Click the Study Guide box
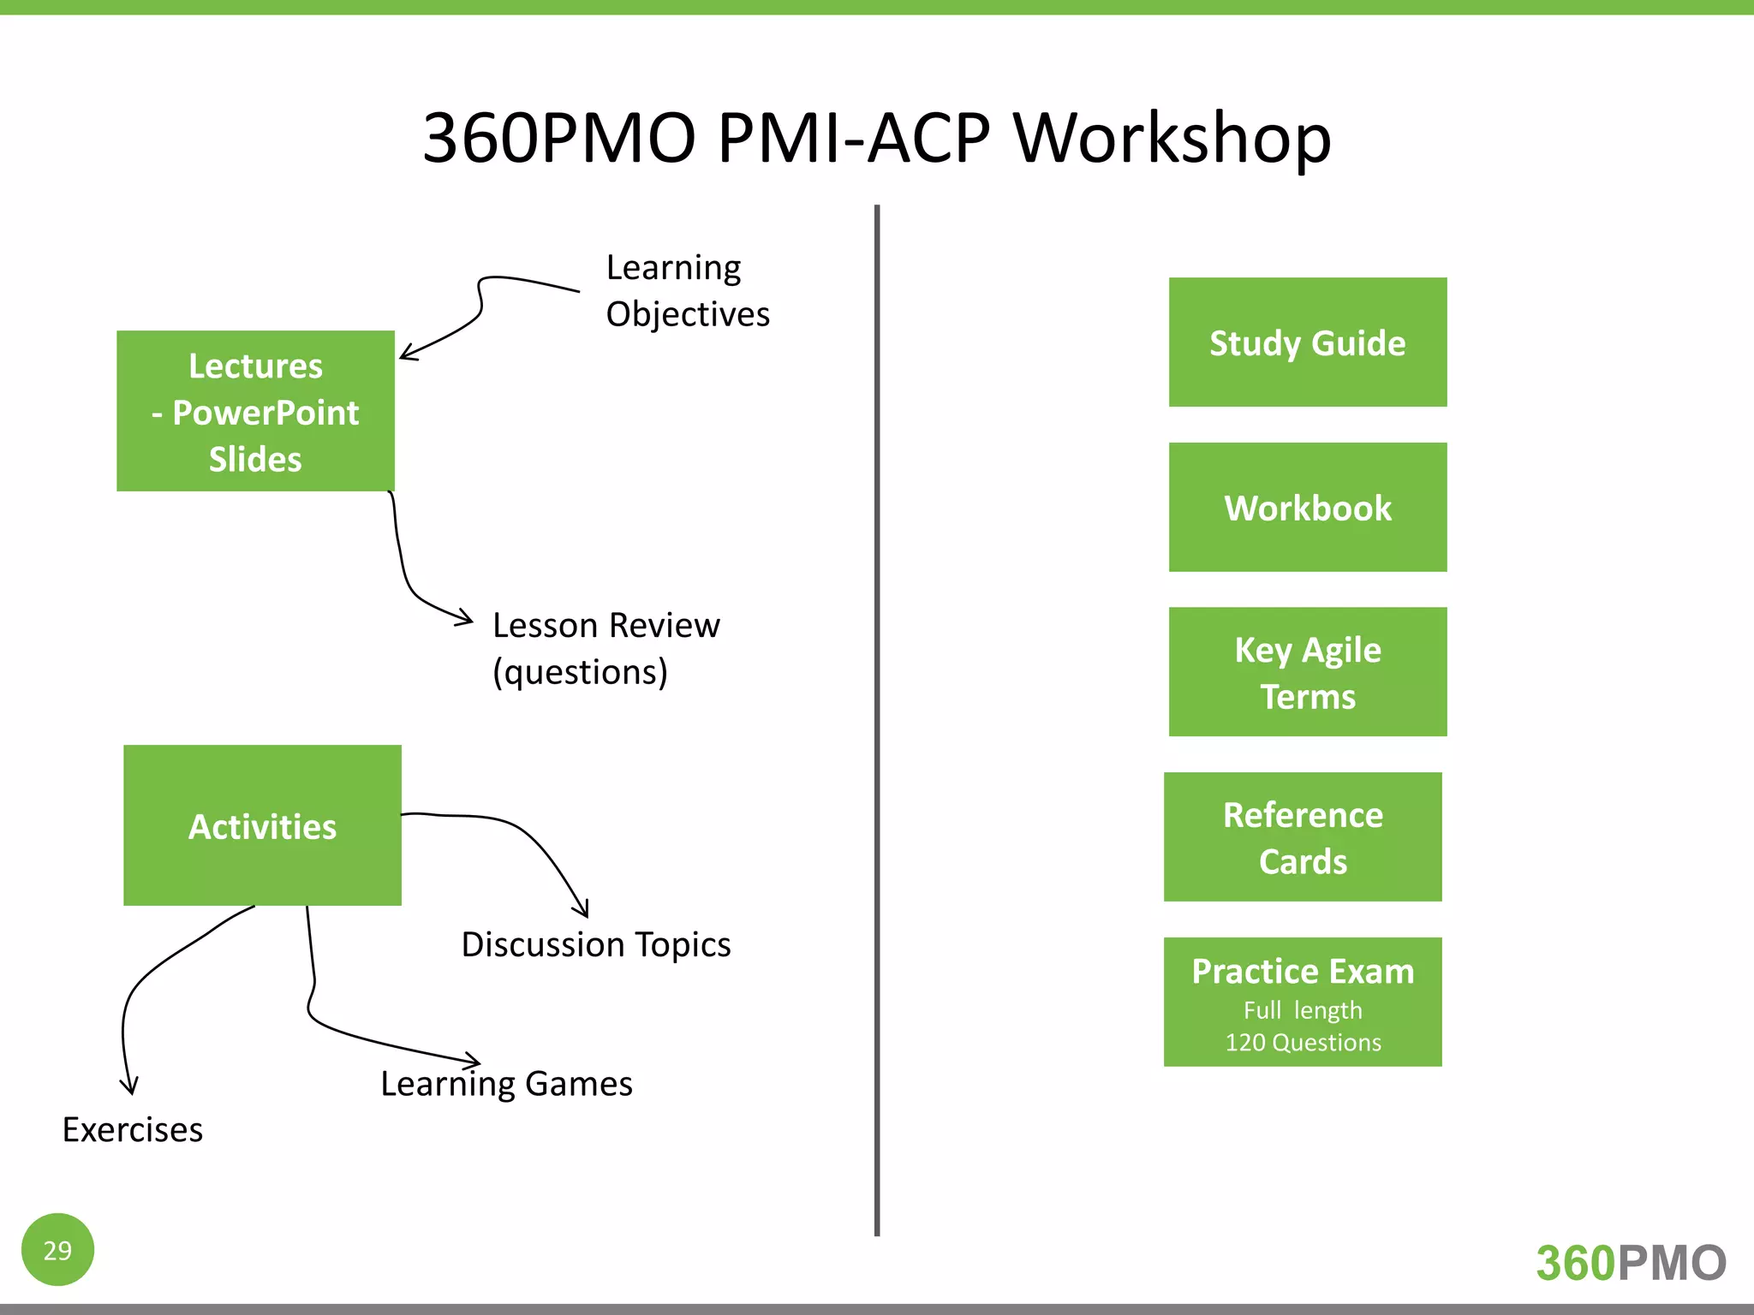[1307, 342]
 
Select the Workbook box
[1307, 508]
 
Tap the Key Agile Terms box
[1307, 672]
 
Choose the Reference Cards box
[1302, 837]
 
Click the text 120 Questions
[1303, 1043]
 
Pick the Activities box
[262, 825]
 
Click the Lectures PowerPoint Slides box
[255, 412]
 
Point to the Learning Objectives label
[687, 291]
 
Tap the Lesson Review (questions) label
[606, 649]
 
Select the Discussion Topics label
[596, 945]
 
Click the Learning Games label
[507, 1084]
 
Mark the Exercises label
[133, 1130]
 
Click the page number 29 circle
[57, 1250]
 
